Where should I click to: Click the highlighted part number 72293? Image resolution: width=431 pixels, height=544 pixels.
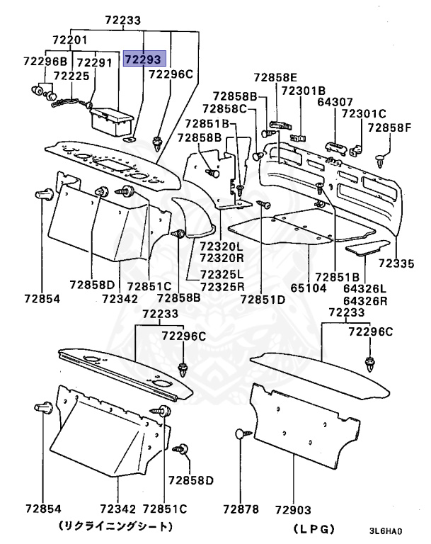(144, 59)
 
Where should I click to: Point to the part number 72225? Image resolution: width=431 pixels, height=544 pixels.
(71, 75)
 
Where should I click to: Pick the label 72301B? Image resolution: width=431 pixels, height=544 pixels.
(303, 91)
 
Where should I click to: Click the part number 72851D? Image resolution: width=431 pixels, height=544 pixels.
(262, 299)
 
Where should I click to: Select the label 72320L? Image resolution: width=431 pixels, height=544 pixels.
(222, 246)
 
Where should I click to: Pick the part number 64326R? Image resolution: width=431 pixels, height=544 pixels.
(364, 300)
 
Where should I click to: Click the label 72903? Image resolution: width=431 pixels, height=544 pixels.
(293, 509)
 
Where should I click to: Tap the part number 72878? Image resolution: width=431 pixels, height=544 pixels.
(241, 509)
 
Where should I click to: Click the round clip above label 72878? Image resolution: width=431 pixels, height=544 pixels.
(239, 433)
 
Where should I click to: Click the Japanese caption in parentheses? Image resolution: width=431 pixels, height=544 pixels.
(115, 526)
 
